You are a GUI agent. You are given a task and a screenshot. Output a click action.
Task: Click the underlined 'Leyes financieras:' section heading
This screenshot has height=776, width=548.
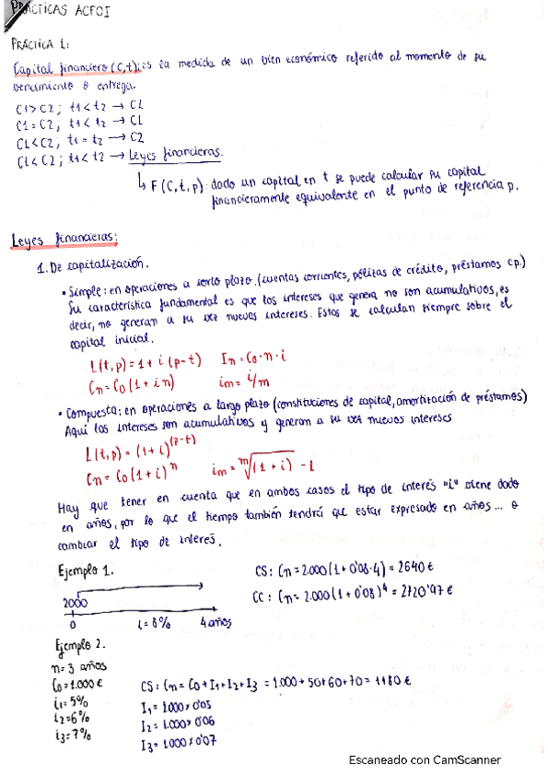(63, 239)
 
